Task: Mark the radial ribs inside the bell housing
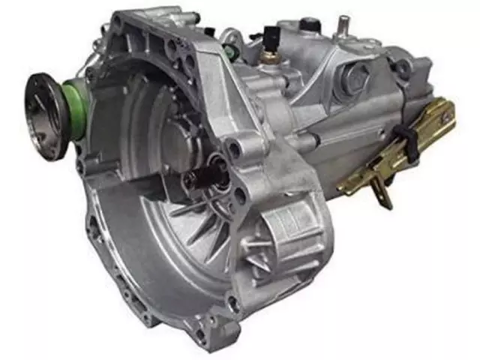[195, 225]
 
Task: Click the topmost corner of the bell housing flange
[120, 16]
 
